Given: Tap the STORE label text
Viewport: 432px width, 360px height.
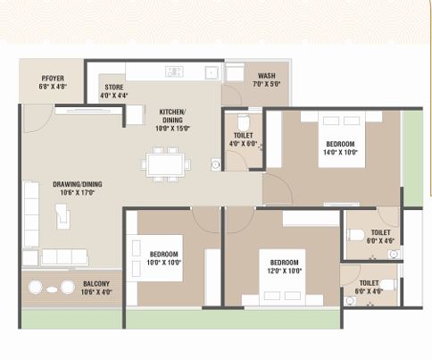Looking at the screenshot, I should (113, 88).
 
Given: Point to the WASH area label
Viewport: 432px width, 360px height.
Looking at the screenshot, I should (266, 76).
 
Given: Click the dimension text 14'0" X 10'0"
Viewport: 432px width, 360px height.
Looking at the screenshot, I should (340, 152).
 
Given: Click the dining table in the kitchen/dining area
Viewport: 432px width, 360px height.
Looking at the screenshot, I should (168, 164).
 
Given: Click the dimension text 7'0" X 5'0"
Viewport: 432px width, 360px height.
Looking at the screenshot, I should (266, 84).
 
